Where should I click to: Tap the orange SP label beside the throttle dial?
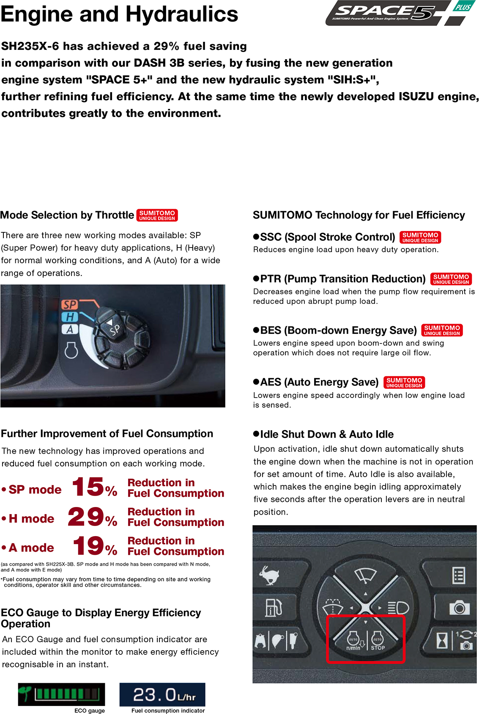[x=70, y=305]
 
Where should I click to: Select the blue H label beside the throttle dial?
[x=70, y=317]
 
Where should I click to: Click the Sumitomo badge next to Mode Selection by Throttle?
[x=157, y=215]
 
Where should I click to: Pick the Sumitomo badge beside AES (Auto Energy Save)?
[x=404, y=382]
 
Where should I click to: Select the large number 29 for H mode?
[x=86, y=516]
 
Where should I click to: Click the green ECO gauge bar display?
[x=62, y=694]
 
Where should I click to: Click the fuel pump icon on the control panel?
[x=273, y=608]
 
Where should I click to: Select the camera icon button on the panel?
[x=459, y=608]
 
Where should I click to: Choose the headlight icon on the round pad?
[x=398, y=608]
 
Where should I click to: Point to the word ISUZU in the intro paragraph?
[x=416, y=97]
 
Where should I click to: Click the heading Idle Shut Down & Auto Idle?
[x=327, y=434]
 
